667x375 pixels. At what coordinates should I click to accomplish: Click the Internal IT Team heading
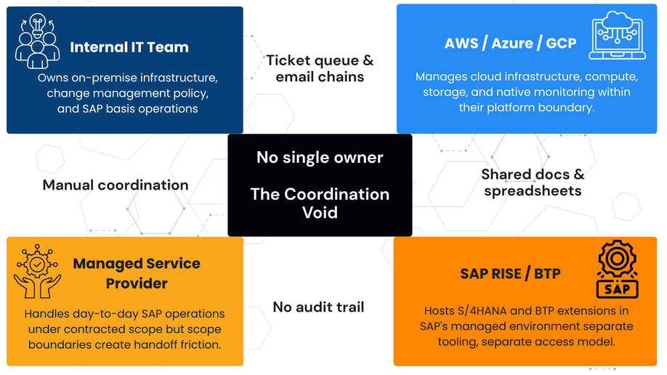(129, 47)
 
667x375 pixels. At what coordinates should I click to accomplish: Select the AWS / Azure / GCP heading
(510, 43)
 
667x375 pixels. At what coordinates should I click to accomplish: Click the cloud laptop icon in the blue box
(617, 36)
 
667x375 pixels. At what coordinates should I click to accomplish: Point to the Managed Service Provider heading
(136, 273)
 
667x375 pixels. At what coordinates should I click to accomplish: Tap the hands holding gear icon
(37, 271)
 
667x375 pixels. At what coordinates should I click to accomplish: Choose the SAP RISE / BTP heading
(510, 273)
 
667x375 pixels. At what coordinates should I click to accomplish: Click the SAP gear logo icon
(617, 270)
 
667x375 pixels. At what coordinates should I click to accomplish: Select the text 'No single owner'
(320, 158)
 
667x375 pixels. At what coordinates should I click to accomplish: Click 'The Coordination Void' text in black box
(320, 203)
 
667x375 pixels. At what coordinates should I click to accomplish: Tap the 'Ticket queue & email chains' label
(320, 68)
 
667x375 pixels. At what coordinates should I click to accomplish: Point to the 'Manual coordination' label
(115, 185)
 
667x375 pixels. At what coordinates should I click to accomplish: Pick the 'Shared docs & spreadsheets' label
(533, 182)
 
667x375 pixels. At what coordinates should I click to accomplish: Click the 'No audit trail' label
(318, 307)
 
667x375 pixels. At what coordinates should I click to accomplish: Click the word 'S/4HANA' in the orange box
(483, 311)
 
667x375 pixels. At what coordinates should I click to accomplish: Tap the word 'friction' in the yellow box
(197, 344)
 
